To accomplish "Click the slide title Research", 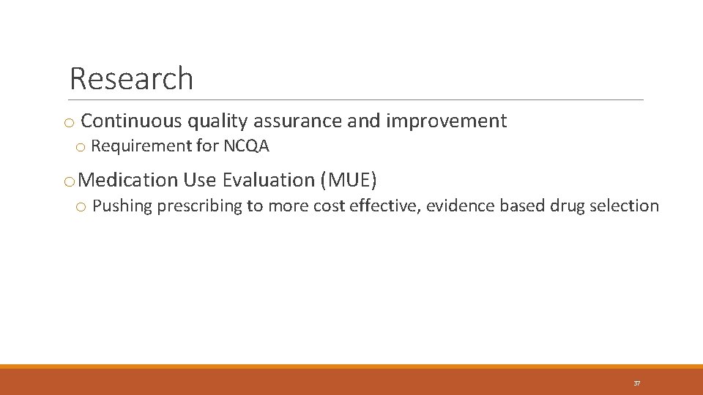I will click(131, 79).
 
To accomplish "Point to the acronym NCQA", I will click(246, 146).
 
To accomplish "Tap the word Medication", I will click(127, 180).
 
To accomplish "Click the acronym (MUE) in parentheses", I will click(349, 180).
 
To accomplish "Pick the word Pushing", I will click(122, 206).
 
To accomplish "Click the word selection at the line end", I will click(628, 206).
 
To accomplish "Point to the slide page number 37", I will click(636, 383).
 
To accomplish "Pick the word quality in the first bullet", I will click(217, 121).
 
